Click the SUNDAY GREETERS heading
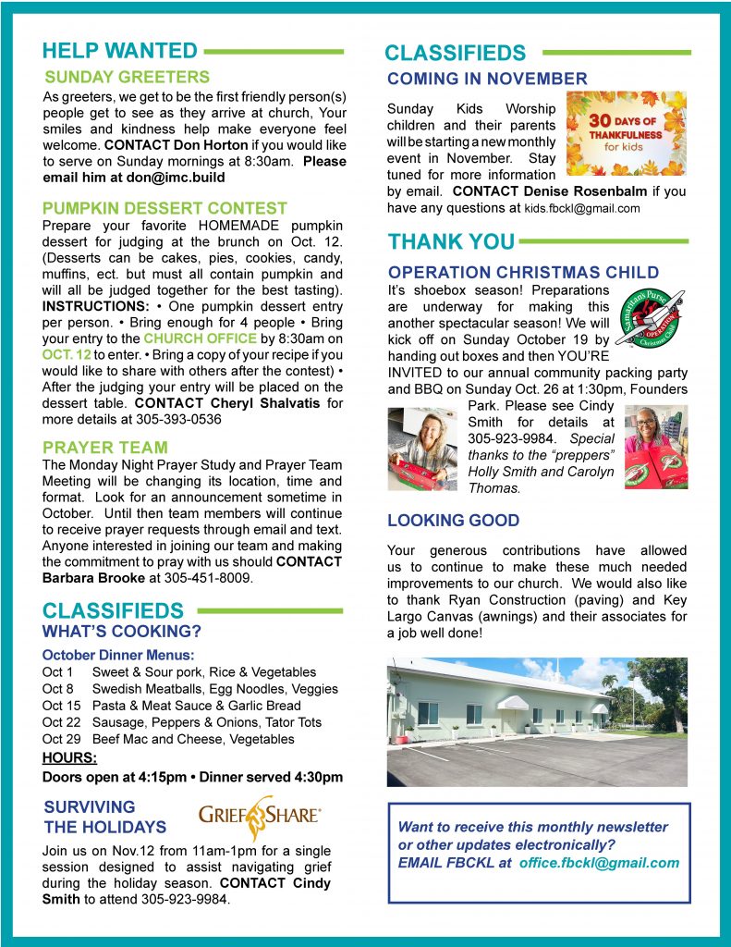pos(128,77)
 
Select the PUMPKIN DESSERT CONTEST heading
pos(165,208)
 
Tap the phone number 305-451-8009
pos(209,578)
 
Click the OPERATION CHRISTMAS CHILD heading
pos(523,273)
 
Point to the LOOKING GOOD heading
pos(453,521)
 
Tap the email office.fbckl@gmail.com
pos(598,862)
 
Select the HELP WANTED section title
pos(120,50)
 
